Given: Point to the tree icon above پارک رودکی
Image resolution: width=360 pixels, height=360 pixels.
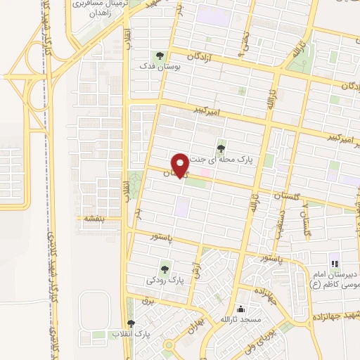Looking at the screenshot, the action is (165, 267).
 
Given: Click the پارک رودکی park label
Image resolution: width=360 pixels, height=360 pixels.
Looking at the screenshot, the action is (165, 279).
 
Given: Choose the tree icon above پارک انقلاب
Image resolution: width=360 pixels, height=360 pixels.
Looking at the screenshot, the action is (129, 323).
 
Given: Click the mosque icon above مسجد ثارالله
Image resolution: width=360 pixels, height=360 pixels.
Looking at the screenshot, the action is (242, 308).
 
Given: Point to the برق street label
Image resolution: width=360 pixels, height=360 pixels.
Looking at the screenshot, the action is (146, 300).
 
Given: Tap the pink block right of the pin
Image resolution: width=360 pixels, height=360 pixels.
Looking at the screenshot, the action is (206, 172).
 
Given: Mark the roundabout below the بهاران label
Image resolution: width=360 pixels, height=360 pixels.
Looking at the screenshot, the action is (169, 345).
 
